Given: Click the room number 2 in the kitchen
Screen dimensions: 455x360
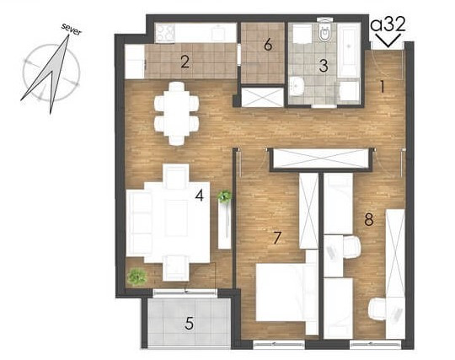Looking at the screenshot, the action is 185,62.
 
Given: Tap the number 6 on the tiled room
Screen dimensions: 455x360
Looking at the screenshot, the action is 268,45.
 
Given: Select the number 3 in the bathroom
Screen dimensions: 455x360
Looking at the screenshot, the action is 324,66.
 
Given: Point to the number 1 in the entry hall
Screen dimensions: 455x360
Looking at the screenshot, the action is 383,87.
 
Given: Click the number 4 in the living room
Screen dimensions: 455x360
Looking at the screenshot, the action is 200,195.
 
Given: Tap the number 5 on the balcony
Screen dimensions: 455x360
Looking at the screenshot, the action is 190,323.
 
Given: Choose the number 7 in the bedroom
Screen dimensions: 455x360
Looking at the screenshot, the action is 277,238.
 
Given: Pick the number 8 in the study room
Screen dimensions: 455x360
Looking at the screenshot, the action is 369,219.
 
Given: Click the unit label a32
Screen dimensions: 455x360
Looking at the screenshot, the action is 388,24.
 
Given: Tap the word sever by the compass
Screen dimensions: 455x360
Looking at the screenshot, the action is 72,30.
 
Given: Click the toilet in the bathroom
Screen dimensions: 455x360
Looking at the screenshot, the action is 324,32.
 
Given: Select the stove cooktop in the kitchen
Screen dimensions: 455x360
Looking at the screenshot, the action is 165,33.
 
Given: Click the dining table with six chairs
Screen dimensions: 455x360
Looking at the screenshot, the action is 177,113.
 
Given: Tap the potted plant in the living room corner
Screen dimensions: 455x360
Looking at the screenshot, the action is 137,277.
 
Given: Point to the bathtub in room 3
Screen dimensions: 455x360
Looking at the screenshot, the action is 349,50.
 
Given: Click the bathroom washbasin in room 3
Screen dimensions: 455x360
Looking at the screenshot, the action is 297,86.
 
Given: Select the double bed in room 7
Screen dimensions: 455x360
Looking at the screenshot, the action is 286,293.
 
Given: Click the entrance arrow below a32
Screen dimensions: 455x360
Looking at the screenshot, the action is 388,40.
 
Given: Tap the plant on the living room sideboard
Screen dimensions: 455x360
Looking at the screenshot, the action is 224,196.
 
